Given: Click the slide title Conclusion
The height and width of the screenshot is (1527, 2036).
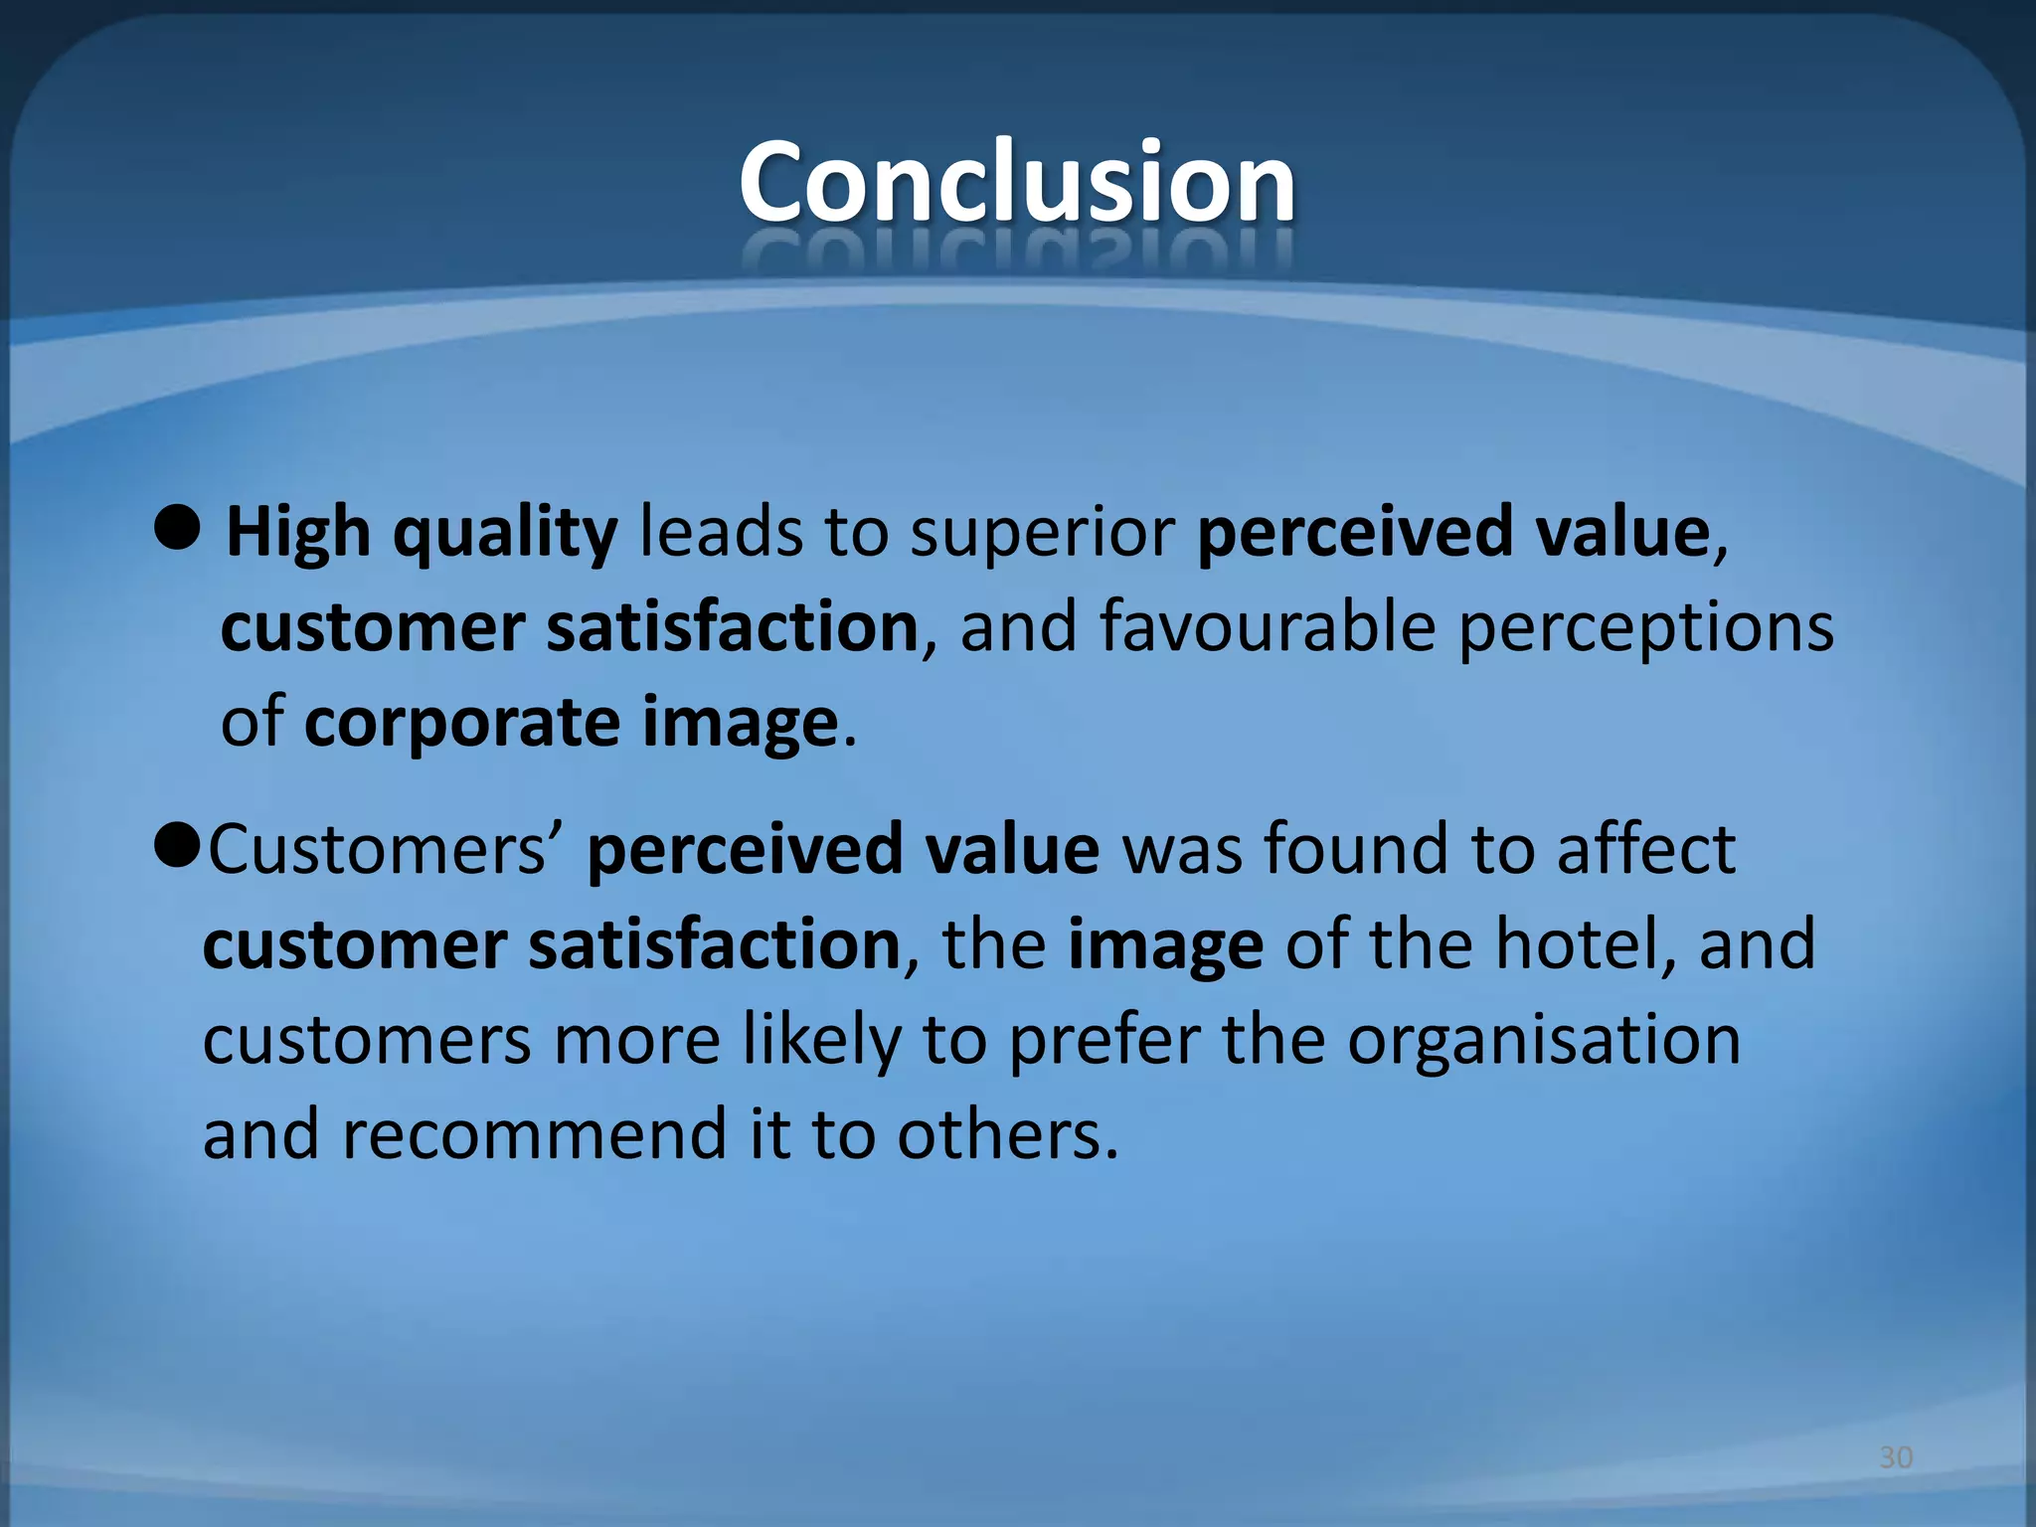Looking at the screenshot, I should (1017, 182).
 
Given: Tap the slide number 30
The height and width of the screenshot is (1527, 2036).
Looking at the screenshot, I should (1896, 1458).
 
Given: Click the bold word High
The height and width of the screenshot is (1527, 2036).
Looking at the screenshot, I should (298, 534).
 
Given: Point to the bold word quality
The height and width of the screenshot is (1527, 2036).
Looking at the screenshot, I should (505, 534).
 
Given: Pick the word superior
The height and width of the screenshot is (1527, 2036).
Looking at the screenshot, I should (1042, 534).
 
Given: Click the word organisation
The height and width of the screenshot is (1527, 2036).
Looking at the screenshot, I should (1543, 1041).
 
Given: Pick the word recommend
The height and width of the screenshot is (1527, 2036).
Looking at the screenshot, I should (535, 1135).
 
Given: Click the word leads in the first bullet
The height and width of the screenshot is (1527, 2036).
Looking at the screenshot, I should (720, 534).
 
